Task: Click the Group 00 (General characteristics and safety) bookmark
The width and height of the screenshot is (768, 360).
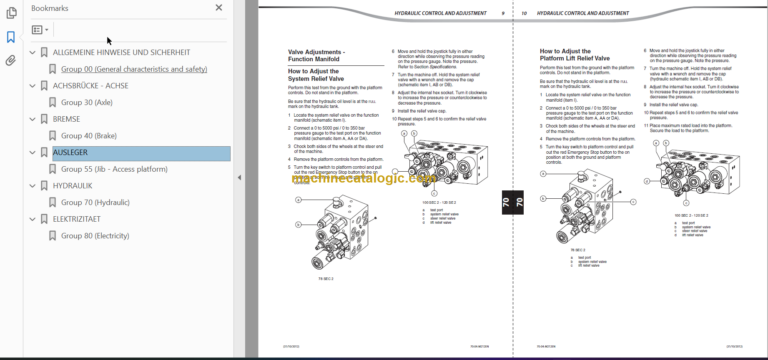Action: [x=134, y=69]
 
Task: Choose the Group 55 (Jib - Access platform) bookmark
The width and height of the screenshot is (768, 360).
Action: [x=115, y=169]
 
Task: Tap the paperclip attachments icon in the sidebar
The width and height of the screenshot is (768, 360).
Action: [x=10, y=60]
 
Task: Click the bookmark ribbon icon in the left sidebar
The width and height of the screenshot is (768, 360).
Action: [x=10, y=37]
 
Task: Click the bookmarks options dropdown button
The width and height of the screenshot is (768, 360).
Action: [x=40, y=30]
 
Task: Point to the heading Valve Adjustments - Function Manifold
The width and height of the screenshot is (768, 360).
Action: [x=318, y=53]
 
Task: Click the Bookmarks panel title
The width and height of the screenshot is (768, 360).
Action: [x=50, y=7]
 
